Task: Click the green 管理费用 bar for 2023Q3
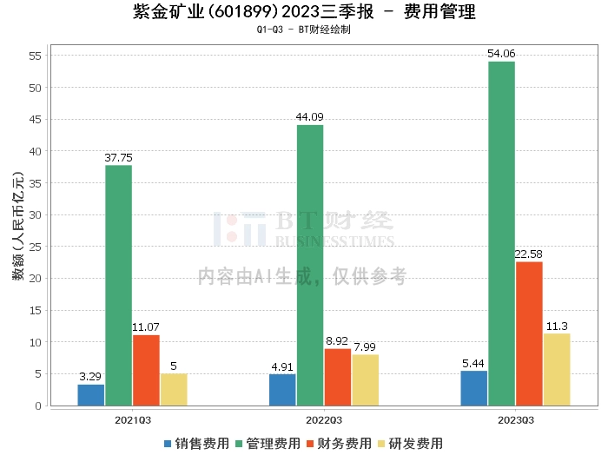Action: point(502,234)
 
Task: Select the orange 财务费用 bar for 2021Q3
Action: point(146,371)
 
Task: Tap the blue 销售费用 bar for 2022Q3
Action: point(282,390)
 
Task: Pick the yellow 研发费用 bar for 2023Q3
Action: point(557,370)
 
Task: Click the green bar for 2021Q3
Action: point(119,286)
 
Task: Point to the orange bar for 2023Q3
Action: point(529,333)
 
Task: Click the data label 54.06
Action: point(501,54)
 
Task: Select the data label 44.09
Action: point(309,116)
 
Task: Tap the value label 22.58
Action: point(528,254)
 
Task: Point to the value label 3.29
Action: point(90,376)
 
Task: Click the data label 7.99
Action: point(365,346)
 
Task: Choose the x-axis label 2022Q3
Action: point(324,420)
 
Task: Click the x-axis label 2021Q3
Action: point(133,420)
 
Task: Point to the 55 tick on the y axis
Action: point(35,56)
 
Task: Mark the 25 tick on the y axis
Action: point(35,247)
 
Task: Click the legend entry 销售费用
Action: point(196,444)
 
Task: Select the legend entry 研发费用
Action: point(410,444)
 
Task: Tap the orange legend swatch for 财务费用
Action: point(310,444)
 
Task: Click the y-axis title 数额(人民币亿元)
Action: point(18,226)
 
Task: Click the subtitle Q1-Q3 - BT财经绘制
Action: point(304,30)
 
